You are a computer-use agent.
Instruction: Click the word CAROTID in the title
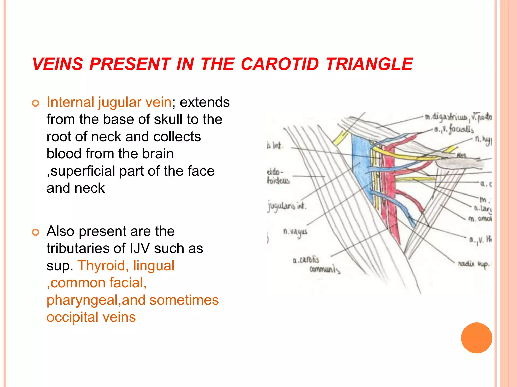coord(280,64)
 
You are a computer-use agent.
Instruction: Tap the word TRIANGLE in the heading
coord(369,64)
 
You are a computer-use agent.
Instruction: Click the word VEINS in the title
coord(58,64)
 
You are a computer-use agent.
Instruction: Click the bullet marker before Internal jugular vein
coord(36,103)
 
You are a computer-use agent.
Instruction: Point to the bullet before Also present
coord(36,232)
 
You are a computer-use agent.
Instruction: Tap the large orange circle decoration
coord(476,338)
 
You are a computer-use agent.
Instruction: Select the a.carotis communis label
coord(316,265)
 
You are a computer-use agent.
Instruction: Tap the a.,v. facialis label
coord(454,130)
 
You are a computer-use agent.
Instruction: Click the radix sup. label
coord(474,264)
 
